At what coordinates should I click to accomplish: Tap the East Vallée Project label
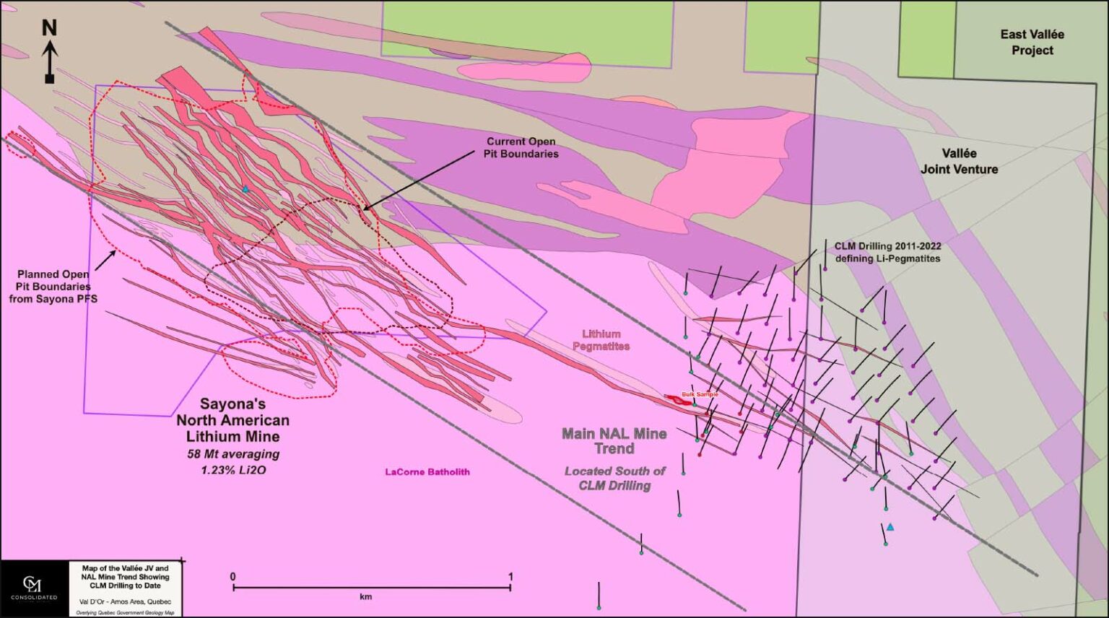1032,42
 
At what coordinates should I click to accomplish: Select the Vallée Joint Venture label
959,161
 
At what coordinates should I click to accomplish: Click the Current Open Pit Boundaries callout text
521,147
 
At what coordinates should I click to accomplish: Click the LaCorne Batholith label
427,471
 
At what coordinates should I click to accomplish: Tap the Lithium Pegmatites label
601,339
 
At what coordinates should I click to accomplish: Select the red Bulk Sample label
700,394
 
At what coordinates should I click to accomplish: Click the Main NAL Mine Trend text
614,440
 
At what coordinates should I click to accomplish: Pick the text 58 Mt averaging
233,454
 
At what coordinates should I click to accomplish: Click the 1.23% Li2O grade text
233,469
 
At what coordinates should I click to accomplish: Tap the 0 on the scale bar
232,577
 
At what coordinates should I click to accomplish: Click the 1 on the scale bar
511,577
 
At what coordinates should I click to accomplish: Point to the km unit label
365,597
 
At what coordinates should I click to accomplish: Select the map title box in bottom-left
126,588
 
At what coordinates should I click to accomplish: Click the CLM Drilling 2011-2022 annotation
887,252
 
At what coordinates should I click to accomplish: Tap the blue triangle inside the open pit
245,189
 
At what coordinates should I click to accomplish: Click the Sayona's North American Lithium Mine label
233,420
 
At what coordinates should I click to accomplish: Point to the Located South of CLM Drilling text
614,478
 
